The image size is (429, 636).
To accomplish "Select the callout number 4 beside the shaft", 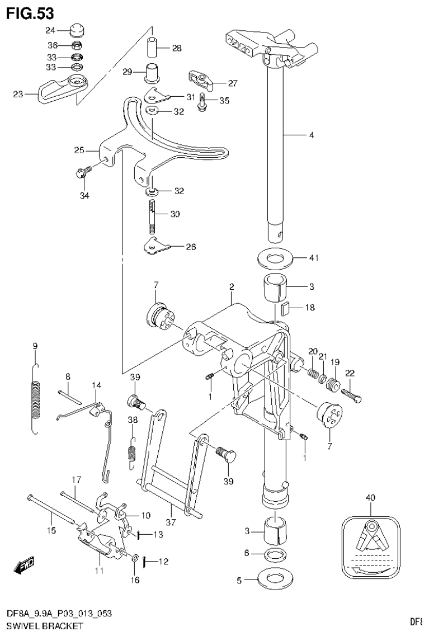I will (x=311, y=135).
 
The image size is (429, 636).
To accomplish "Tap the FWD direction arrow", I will (x=25, y=566).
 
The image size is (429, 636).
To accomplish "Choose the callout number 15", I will (x=51, y=530).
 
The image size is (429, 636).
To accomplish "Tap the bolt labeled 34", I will (x=81, y=173).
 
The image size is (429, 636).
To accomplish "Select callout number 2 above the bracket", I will (x=231, y=287).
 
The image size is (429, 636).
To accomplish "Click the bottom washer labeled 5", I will (x=274, y=577).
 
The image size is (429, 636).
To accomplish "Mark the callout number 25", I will (x=79, y=150).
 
